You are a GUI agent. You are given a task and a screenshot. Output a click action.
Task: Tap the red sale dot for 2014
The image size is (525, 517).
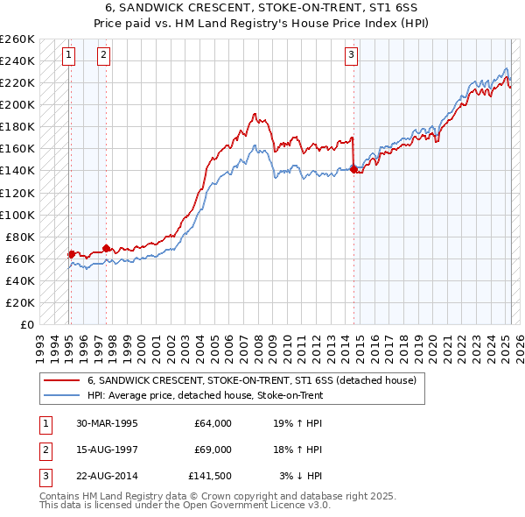click(353, 169)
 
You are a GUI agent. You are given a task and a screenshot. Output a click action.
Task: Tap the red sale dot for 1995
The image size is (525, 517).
click(71, 254)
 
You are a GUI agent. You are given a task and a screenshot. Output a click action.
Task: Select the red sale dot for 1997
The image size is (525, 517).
click(106, 249)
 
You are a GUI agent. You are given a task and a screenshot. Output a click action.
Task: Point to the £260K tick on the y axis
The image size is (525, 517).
click(17, 39)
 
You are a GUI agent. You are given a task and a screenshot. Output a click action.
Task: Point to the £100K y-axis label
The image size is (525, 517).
click(17, 215)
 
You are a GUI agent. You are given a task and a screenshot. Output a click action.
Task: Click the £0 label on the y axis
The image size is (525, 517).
click(26, 324)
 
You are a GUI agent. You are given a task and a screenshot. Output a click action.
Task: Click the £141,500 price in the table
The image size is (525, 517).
click(210, 476)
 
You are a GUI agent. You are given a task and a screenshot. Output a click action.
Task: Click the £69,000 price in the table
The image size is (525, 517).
click(213, 450)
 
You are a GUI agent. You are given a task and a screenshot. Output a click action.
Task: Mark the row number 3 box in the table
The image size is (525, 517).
click(44, 476)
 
